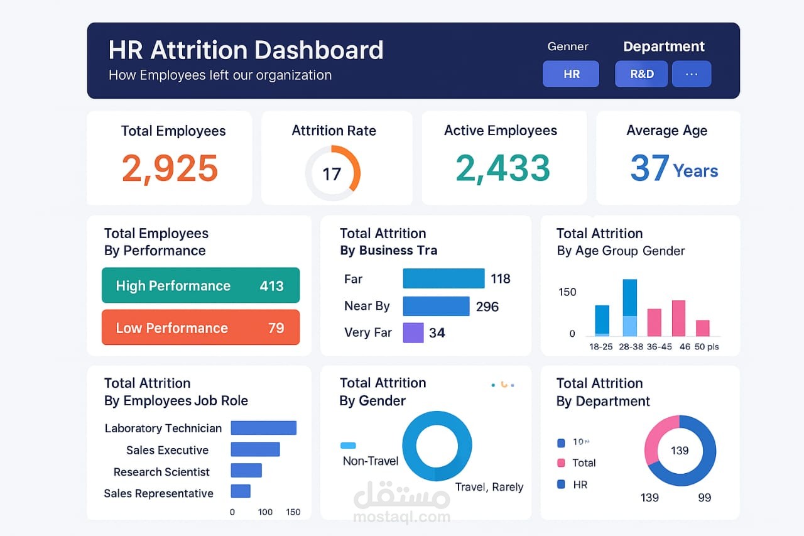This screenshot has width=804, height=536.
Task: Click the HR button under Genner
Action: tap(570, 74)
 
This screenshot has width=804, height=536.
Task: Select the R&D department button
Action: tap(641, 74)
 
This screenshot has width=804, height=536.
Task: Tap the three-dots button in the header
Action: tap(692, 74)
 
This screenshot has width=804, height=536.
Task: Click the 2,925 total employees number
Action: tap(170, 168)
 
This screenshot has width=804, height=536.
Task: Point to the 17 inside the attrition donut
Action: tap(332, 173)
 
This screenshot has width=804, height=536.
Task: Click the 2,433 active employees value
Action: tap(503, 168)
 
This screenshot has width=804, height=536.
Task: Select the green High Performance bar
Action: tap(200, 285)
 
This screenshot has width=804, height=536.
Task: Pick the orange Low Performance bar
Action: tap(200, 327)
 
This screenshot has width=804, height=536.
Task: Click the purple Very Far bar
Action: tap(413, 332)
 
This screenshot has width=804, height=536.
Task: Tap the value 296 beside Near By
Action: tap(487, 307)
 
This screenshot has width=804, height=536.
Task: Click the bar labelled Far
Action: tap(443, 278)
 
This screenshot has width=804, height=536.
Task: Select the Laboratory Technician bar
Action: tap(263, 428)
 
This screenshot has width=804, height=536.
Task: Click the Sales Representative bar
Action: tap(241, 491)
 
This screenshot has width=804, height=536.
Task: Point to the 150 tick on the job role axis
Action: tap(293, 512)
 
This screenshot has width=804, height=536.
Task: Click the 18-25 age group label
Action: tap(601, 347)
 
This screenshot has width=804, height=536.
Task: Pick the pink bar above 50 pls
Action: tap(703, 328)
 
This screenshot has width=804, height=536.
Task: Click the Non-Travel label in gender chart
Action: tap(371, 461)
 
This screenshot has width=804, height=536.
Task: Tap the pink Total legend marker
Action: tap(561, 463)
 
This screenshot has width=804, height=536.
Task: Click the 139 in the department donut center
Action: tap(680, 451)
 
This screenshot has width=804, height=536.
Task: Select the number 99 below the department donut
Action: tap(704, 498)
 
